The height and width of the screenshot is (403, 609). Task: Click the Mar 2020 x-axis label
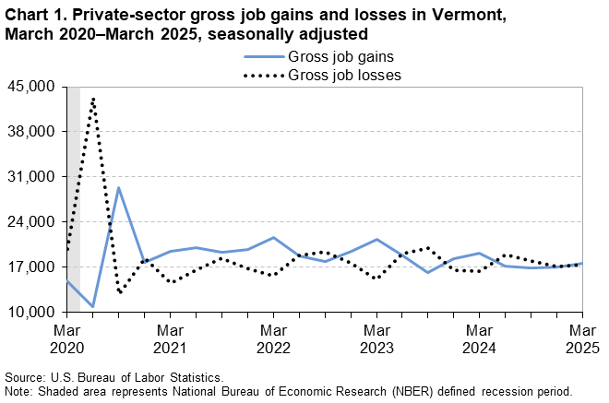pyautogui.click(x=67, y=338)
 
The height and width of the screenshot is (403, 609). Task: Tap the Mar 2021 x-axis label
pyautogui.click(x=170, y=338)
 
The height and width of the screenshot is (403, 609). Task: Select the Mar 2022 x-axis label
pyautogui.click(x=273, y=338)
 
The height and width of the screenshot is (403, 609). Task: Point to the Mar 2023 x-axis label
pyautogui.click(x=376, y=338)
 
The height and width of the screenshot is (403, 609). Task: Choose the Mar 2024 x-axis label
pyautogui.click(x=479, y=338)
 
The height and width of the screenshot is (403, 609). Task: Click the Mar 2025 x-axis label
pyautogui.click(x=581, y=338)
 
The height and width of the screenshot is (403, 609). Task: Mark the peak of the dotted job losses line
pyautogui.click(x=93, y=98)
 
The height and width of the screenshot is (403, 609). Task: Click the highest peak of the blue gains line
pyautogui.click(x=119, y=187)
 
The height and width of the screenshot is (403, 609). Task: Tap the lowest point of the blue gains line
pyautogui.click(x=93, y=306)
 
